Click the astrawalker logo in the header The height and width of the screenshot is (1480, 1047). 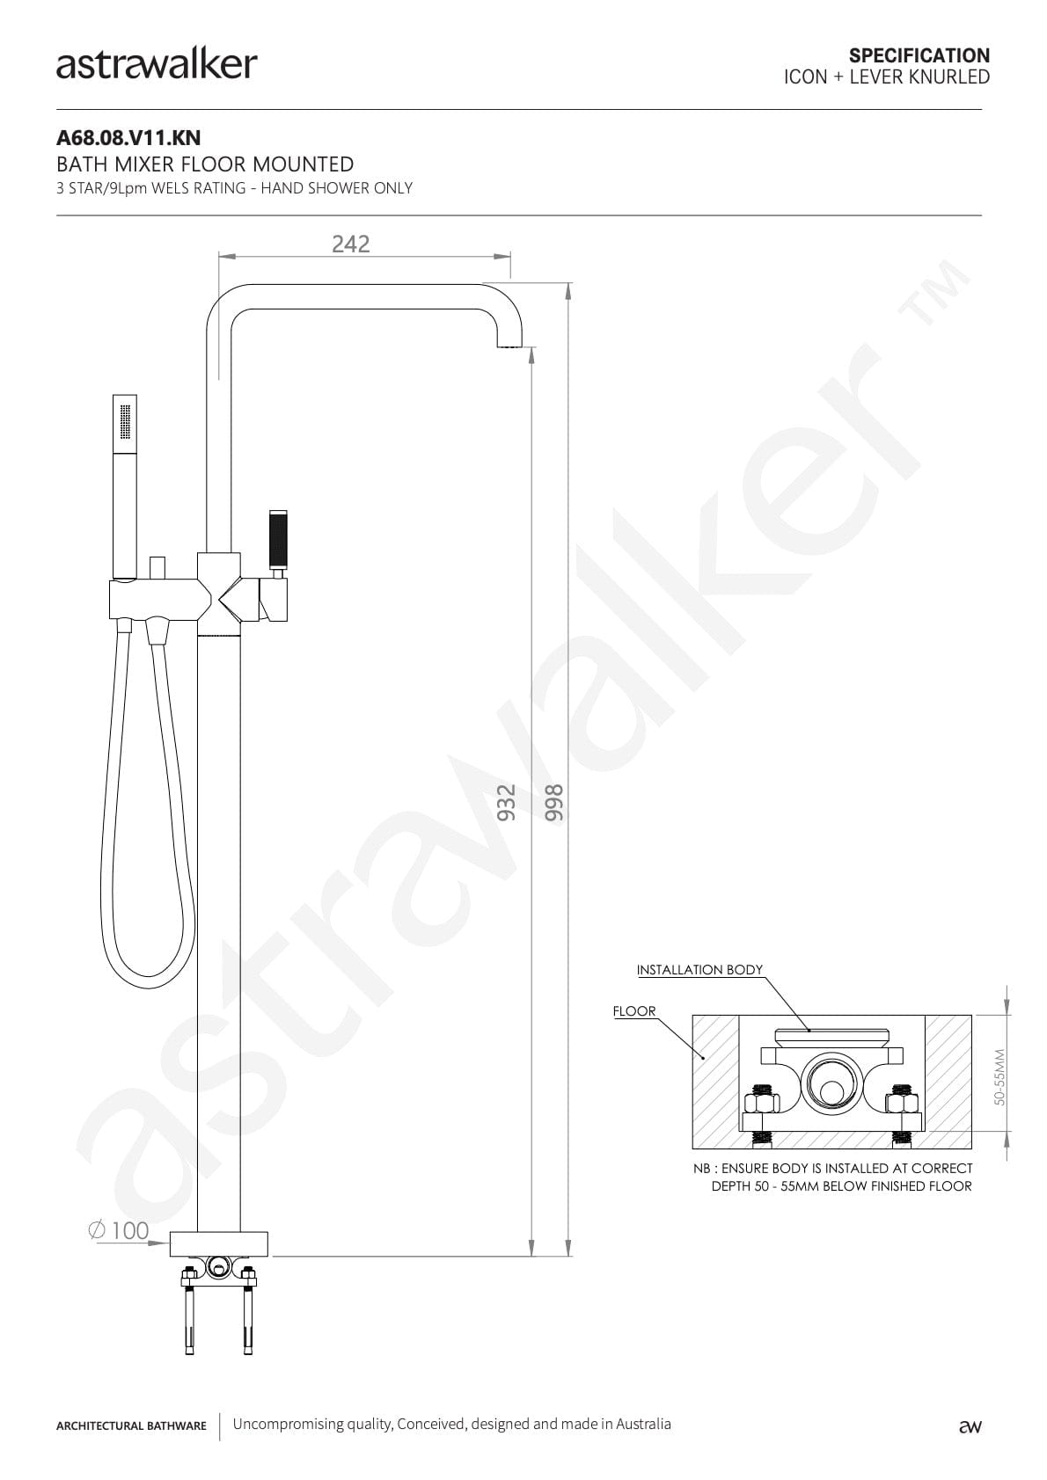[x=157, y=65]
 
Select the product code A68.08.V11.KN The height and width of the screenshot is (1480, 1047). [x=128, y=137]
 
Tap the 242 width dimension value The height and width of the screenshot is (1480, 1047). [x=350, y=244]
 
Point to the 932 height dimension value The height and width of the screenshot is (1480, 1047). [x=506, y=802]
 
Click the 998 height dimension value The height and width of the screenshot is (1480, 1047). [x=553, y=802]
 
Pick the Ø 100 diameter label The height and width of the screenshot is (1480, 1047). [x=118, y=1230]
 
